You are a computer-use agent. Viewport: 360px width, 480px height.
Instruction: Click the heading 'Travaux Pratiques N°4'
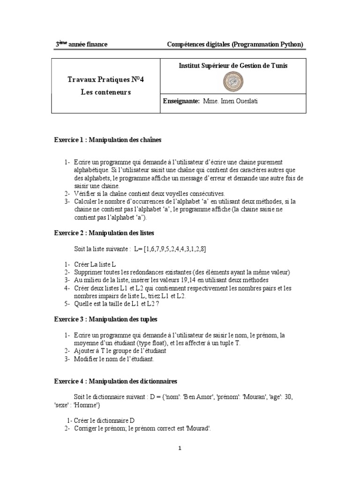[105, 80]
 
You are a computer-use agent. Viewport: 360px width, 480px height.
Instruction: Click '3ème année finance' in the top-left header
[82, 45]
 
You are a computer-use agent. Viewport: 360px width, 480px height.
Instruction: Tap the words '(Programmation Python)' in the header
[267, 45]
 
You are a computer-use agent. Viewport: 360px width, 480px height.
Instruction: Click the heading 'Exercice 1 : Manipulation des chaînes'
[108, 140]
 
